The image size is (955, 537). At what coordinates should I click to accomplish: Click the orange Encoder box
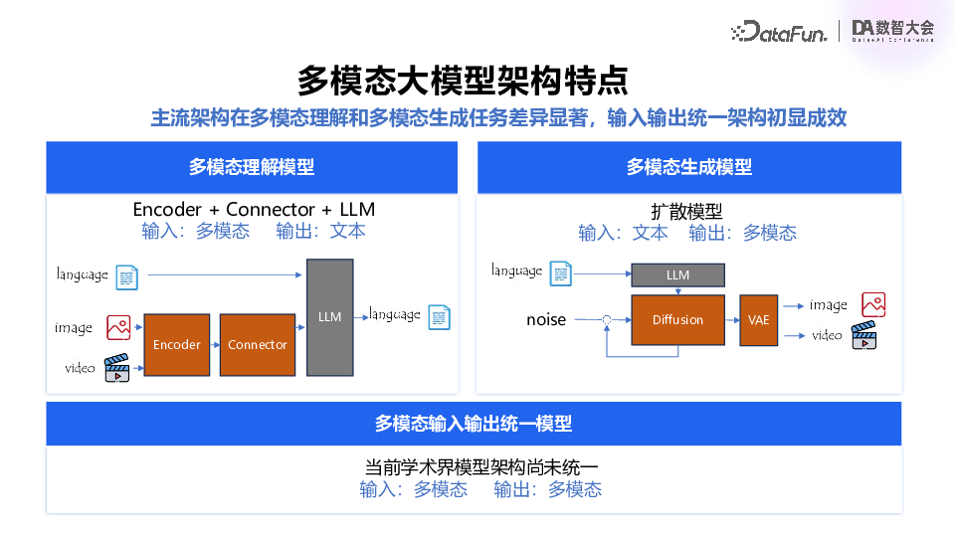pyautogui.click(x=177, y=344)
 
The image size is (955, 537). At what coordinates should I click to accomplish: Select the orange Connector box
pyautogui.click(x=258, y=344)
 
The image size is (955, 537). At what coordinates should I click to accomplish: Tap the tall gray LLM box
pyautogui.click(x=330, y=317)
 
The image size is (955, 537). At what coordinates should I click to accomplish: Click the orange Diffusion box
pyautogui.click(x=677, y=320)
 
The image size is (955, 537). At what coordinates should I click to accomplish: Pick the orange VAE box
pyautogui.click(x=759, y=320)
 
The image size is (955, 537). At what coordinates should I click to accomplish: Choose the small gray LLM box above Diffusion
pyautogui.click(x=677, y=275)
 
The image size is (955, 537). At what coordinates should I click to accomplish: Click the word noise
pyautogui.click(x=546, y=320)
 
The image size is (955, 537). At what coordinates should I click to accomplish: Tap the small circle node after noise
pyautogui.click(x=606, y=320)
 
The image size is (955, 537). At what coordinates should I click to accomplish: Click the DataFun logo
pyautogui.click(x=781, y=31)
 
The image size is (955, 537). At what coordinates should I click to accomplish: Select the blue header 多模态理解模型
pyautogui.click(x=252, y=167)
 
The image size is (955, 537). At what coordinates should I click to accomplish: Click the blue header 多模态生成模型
pyautogui.click(x=689, y=167)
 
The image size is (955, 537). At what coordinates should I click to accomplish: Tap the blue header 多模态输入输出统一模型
pyautogui.click(x=474, y=424)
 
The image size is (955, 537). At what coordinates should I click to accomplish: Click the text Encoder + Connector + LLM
pyautogui.click(x=254, y=210)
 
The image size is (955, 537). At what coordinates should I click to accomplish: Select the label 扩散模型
pyautogui.click(x=687, y=211)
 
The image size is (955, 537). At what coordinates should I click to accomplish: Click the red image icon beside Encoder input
pyautogui.click(x=118, y=326)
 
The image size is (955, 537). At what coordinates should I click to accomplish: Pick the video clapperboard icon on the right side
pyautogui.click(x=862, y=335)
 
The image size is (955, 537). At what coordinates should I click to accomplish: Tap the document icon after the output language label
pyautogui.click(x=439, y=317)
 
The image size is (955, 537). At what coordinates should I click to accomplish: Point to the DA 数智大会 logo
pyautogui.click(x=893, y=31)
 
